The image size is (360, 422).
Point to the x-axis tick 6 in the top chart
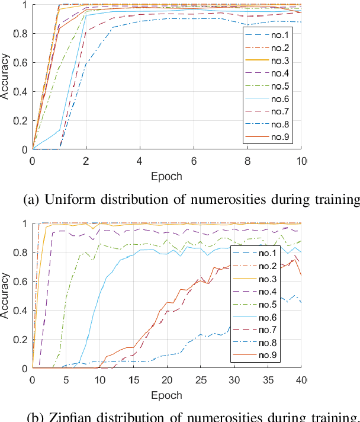pyautogui.click(x=194, y=161)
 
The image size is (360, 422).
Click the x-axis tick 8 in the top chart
pyautogui.click(x=247, y=161)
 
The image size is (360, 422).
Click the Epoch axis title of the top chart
pyautogui.click(x=166, y=176)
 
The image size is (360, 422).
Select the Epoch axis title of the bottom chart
pyautogui.click(x=166, y=394)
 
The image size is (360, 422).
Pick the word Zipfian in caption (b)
pyautogui.click(x=65, y=416)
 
